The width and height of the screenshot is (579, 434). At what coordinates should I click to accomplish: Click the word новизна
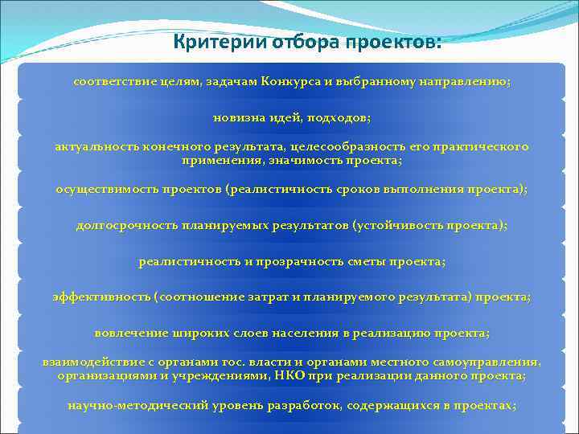pos(237,117)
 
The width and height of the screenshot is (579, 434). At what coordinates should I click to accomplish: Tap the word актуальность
pos(97,147)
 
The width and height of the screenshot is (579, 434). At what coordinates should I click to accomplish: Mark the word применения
pos(217,161)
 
